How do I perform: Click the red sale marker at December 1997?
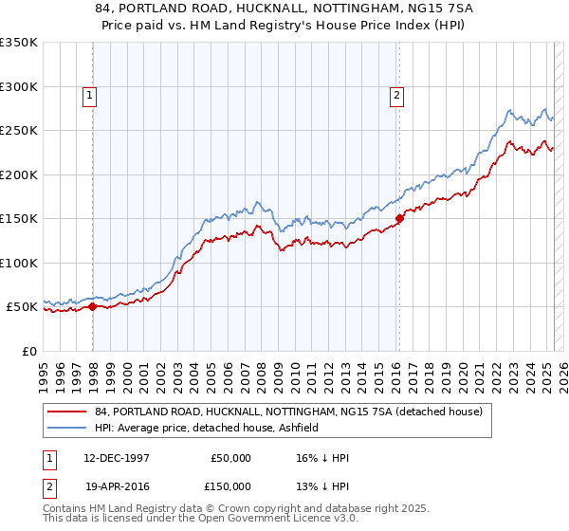tap(93, 306)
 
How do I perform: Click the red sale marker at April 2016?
tap(399, 218)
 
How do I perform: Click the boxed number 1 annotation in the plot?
tap(88, 94)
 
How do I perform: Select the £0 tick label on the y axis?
tap(28, 351)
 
